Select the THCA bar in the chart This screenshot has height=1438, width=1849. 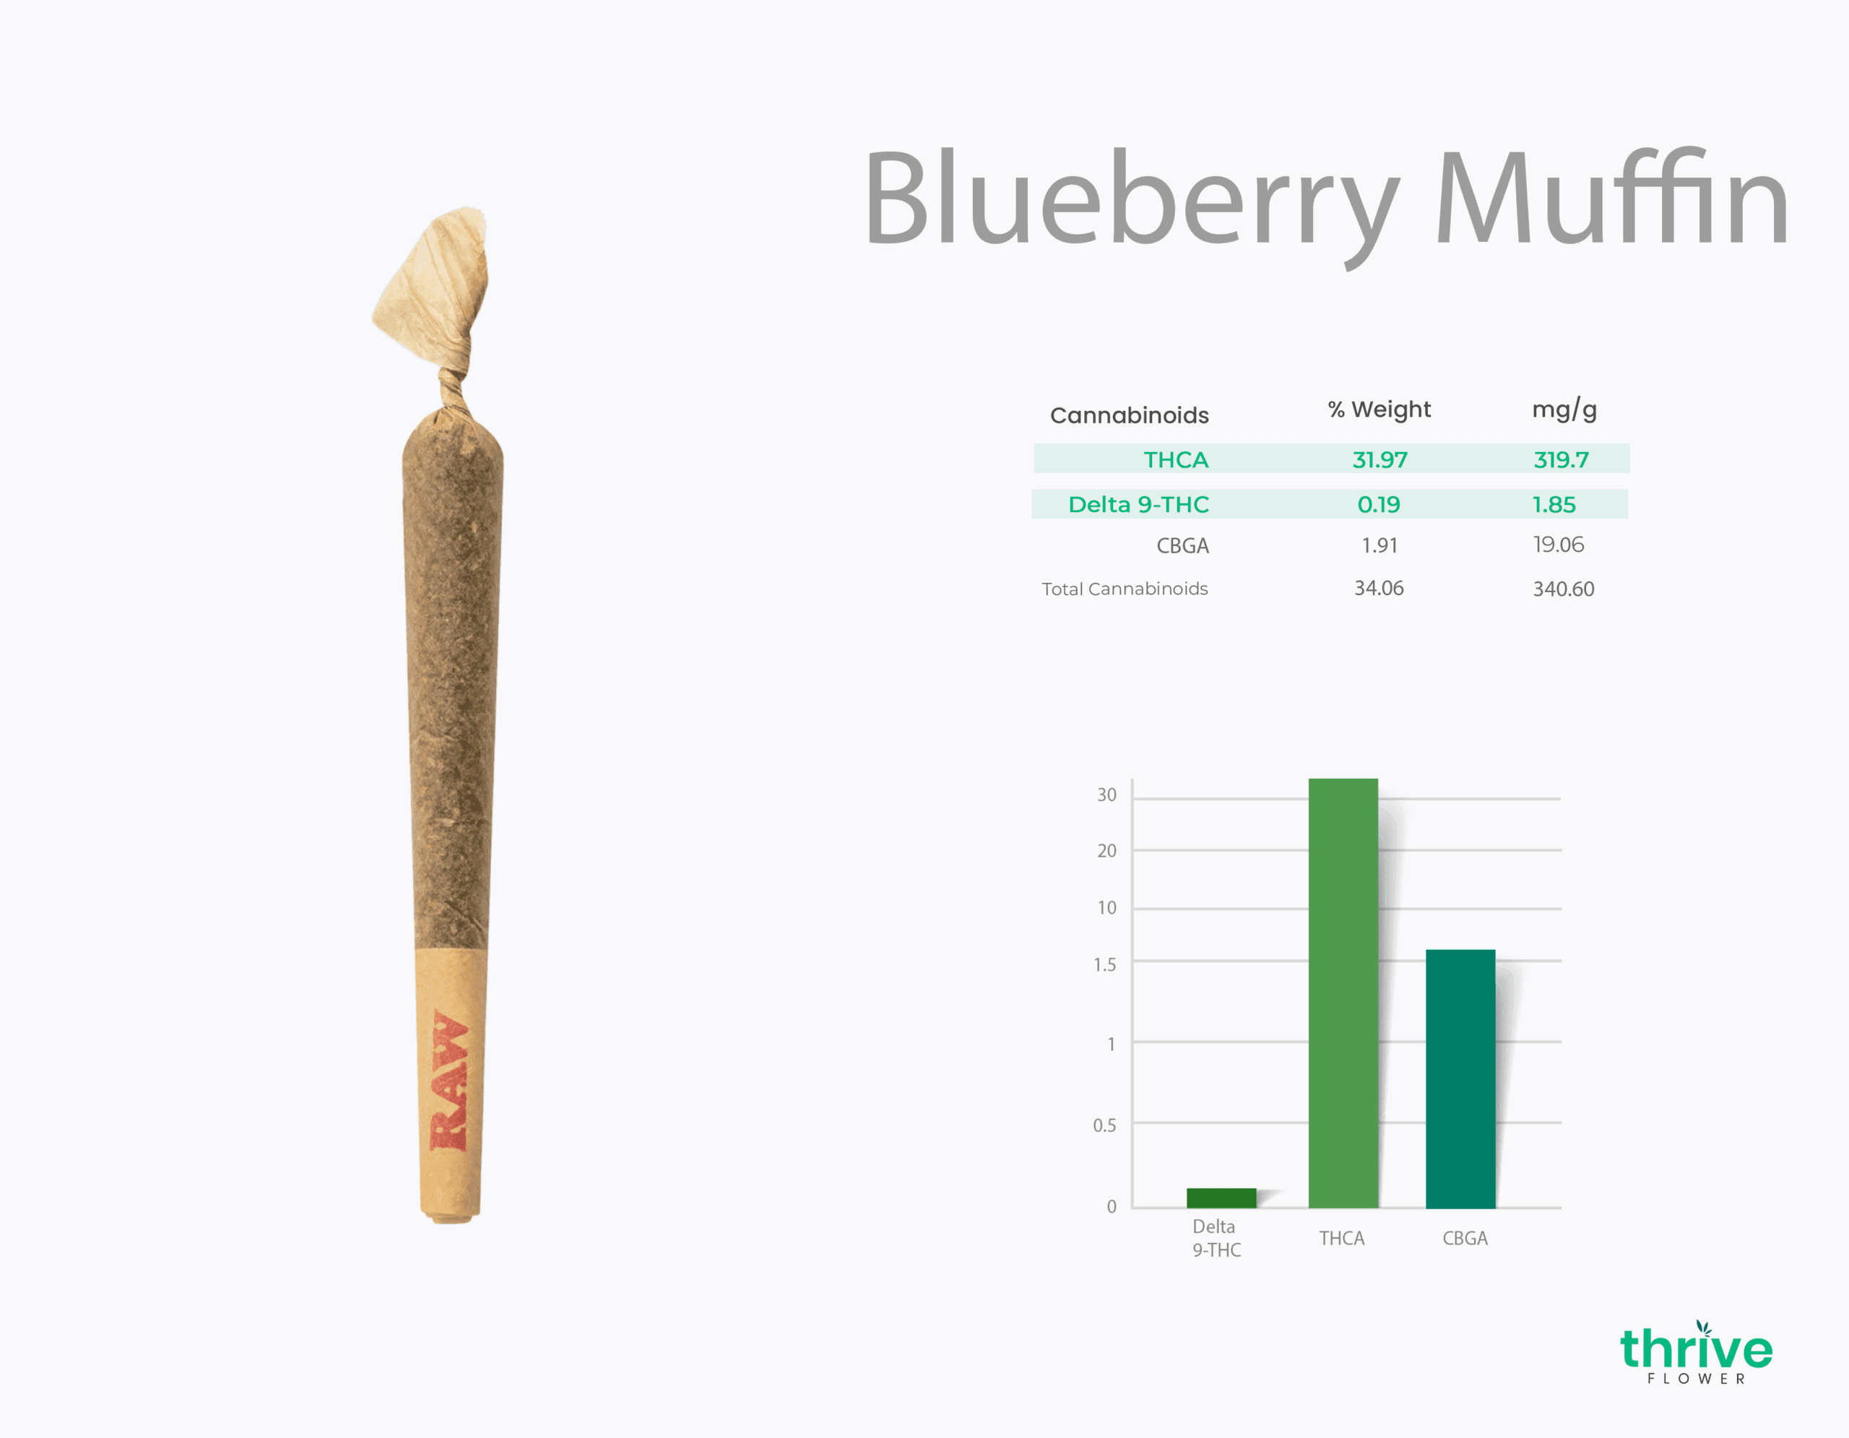[x=1343, y=993]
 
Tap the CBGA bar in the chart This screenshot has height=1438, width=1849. [x=1460, y=1079]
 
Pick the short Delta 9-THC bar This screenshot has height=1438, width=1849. [x=1221, y=1197]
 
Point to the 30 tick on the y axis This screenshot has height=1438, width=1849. [x=1107, y=794]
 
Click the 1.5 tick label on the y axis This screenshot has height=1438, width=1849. [x=1105, y=964]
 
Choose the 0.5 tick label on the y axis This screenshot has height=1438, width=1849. [x=1105, y=1125]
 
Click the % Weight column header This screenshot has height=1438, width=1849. [x=1379, y=409]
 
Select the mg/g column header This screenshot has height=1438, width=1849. [x=1564, y=410]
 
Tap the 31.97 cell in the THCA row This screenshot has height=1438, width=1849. [x=1380, y=459]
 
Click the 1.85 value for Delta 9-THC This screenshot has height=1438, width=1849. [x=1554, y=504]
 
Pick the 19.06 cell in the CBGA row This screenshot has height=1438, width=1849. [x=1558, y=545]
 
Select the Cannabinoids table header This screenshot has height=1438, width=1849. [x=1130, y=415]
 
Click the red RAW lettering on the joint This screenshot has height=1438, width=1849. [x=449, y=1080]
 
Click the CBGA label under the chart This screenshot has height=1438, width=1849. [x=1465, y=1238]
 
